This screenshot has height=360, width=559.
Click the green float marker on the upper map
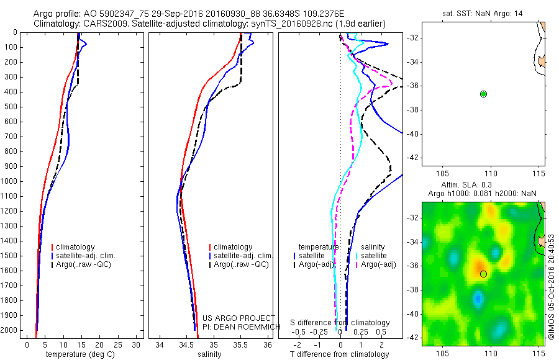point(483,94)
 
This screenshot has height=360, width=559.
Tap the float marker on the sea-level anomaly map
point(483,274)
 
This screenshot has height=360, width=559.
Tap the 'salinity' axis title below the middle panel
point(210,354)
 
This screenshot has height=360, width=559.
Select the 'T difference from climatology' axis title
point(340,354)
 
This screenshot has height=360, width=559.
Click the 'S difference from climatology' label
point(340,323)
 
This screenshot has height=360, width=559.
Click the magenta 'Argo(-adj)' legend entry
point(378,264)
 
